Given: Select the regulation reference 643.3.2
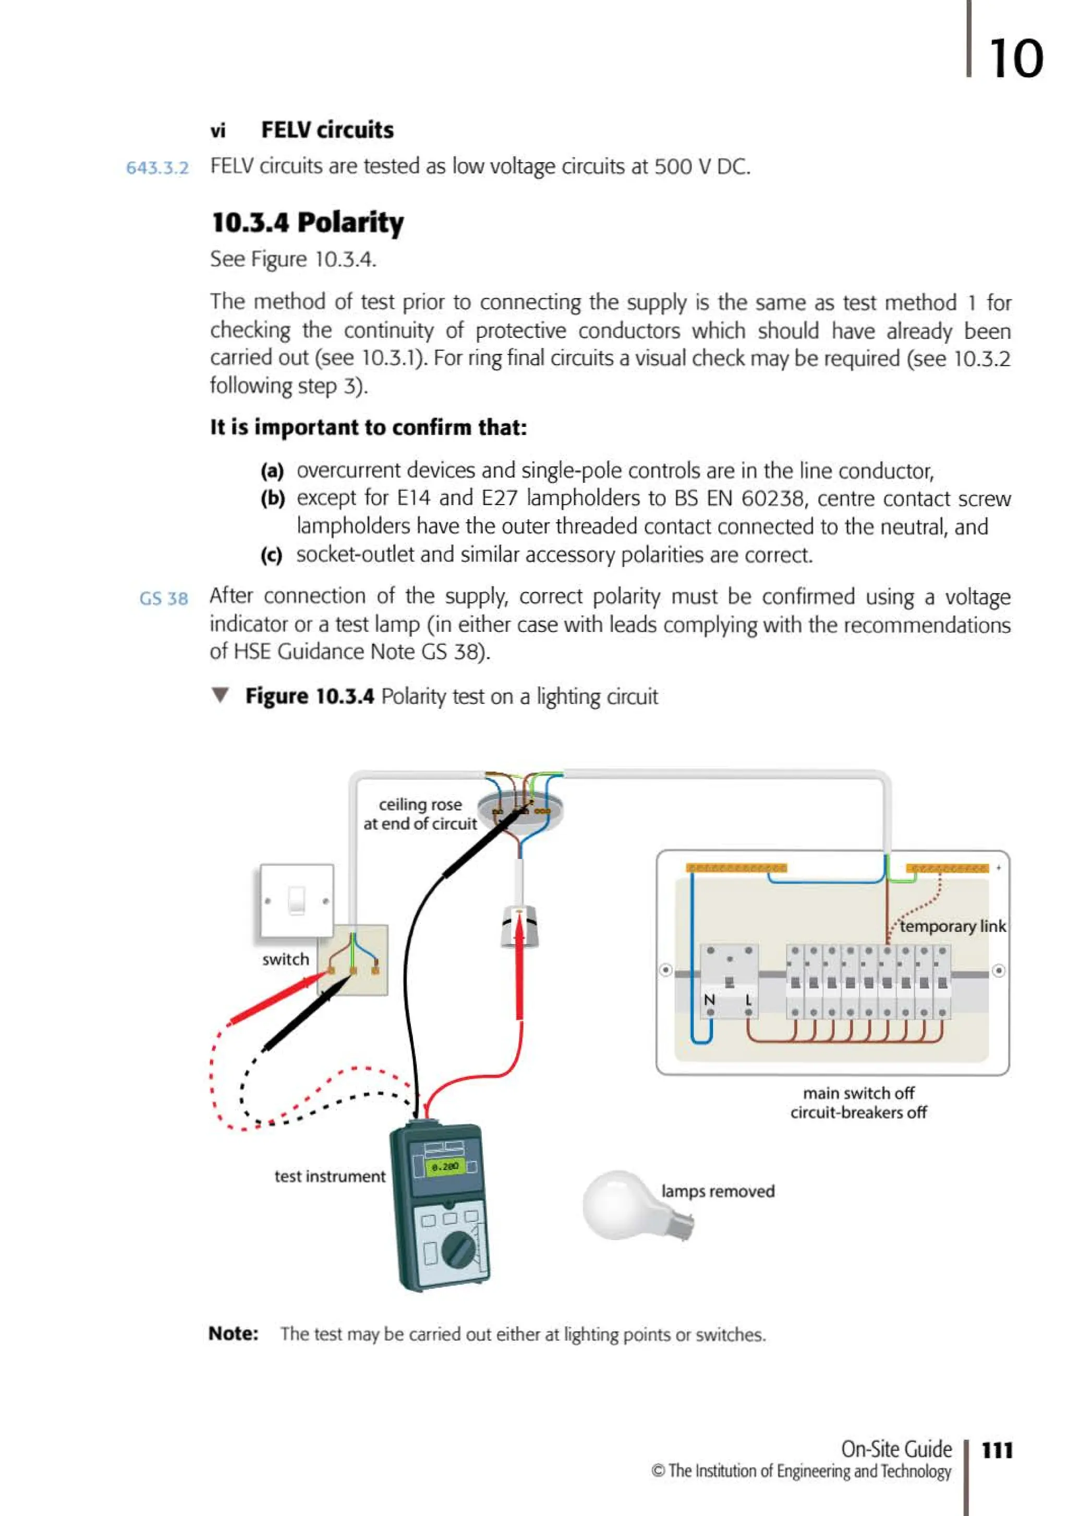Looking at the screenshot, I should (157, 168).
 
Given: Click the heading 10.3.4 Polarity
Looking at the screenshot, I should (307, 223).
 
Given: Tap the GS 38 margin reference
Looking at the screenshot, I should (163, 598).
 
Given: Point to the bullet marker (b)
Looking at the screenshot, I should (272, 498).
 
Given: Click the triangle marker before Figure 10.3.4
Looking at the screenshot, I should (220, 695).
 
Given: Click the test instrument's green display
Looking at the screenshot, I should (444, 1166).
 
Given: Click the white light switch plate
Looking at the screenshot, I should (297, 900).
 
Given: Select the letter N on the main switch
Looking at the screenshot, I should (709, 1000).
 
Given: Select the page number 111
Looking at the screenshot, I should (997, 1450).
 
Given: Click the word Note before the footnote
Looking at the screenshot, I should (233, 1333).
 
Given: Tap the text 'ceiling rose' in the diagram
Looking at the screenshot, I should (420, 804).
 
